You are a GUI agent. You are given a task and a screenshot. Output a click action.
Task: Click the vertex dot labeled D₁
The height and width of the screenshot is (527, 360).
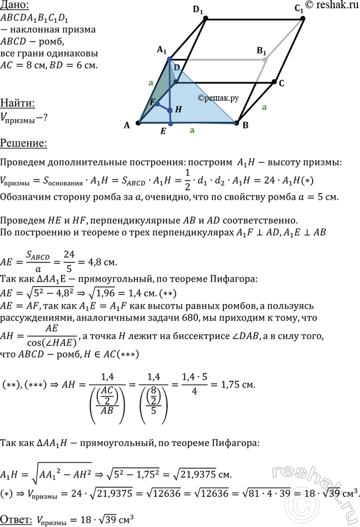(x=206, y=19)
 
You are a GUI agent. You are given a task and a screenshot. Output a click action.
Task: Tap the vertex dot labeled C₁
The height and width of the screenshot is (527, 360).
(x=302, y=19)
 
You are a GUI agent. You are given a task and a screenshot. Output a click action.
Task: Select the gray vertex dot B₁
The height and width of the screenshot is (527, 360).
(x=265, y=60)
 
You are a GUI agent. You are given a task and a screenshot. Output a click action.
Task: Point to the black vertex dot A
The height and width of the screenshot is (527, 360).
(x=138, y=123)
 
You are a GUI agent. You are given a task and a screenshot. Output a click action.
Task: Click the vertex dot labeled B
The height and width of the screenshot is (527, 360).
(x=237, y=123)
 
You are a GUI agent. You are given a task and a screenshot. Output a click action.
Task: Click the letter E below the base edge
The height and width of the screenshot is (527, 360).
(x=163, y=131)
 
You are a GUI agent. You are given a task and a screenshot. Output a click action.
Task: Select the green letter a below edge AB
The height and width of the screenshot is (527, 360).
(x=192, y=131)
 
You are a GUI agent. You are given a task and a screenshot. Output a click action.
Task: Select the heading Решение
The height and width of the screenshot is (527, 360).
(x=23, y=143)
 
